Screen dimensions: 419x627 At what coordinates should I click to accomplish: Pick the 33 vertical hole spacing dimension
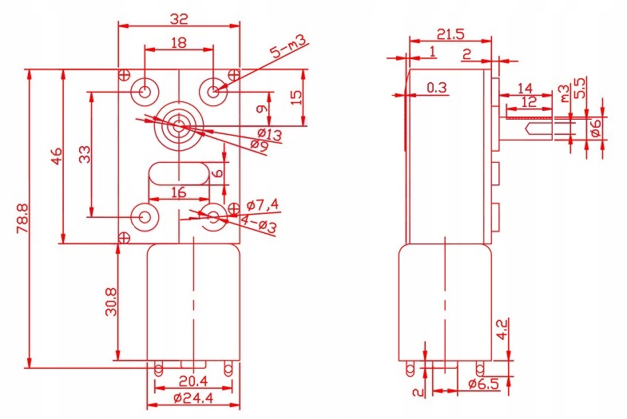point(85,154)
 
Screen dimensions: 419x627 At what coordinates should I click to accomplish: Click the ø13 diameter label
point(269,136)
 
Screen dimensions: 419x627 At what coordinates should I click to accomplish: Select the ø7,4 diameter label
point(263,204)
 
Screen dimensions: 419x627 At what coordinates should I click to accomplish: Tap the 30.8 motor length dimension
point(112,302)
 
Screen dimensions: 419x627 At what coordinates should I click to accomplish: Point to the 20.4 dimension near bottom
point(193,381)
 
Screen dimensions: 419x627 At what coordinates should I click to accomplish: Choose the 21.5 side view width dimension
point(451,34)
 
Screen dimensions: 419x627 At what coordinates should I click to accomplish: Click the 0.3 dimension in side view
point(436,88)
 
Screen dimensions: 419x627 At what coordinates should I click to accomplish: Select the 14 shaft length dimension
point(525,87)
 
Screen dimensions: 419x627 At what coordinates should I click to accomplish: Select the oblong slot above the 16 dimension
point(178,172)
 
